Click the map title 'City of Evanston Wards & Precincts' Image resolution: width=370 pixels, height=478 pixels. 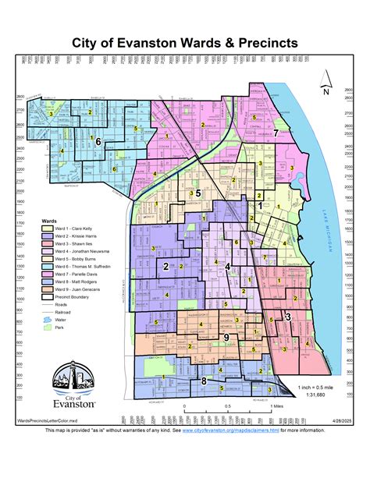[x=184, y=43]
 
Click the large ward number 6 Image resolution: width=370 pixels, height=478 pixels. [x=98, y=141]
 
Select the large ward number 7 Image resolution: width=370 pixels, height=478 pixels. [x=276, y=133]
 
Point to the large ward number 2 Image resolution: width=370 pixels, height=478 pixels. [x=166, y=267]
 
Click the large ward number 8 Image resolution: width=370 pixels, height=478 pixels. [x=204, y=381]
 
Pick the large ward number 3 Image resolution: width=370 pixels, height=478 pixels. [x=288, y=316]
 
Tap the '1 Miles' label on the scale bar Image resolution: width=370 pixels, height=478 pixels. [x=275, y=406]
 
